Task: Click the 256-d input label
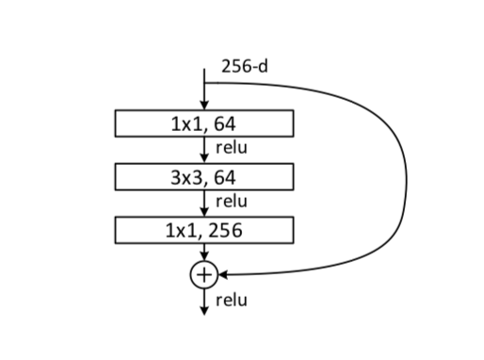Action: click(243, 67)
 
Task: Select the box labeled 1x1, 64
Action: click(204, 123)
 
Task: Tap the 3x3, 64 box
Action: click(204, 175)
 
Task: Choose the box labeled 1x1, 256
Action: click(204, 228)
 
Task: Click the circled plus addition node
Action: click(203, 274)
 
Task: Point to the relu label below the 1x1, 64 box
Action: click(232, 147)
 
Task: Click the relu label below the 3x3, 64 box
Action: click(232, 200)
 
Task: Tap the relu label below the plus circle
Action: click(232, 301)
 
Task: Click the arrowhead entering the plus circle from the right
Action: click(223, 274)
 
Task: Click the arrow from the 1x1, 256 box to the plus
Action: click(203, 251)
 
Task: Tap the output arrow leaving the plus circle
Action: click(203, 302)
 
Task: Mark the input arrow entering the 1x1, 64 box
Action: click(203, 94)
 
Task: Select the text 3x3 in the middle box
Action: click(187, 175)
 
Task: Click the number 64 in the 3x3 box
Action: click(224, 175)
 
